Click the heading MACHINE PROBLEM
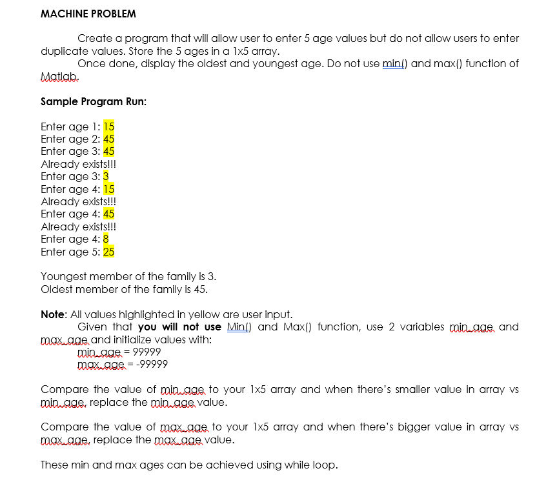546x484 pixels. click(88, 14)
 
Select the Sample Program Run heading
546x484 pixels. click(94, 101)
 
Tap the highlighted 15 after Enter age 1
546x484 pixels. click(109, 126)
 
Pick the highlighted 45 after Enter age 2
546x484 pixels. click(109, 139)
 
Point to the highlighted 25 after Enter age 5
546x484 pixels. click(109, 252)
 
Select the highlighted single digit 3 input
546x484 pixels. click(106, 176)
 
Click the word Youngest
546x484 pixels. click(63, 277)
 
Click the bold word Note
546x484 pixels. click(53, 314)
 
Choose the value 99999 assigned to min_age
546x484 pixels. click(147, 352)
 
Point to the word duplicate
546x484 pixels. click(65, 51)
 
